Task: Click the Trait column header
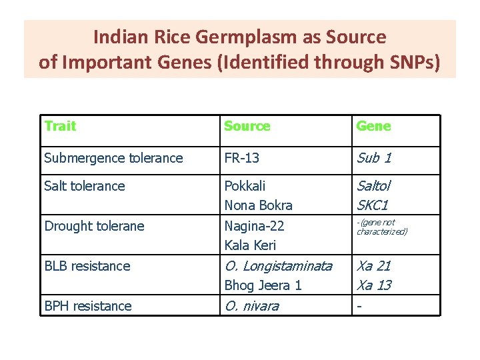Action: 60,126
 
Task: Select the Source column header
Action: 247,126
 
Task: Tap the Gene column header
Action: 373,126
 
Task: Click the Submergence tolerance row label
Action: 113,158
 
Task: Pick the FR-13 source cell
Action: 242,158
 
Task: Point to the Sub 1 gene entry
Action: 374,158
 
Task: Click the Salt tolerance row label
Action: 85,186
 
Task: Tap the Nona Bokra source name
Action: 258,205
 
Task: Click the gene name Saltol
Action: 374,186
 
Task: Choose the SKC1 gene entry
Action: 373,205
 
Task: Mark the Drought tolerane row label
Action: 94,226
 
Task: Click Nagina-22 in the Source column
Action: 254,226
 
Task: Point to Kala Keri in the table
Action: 250,245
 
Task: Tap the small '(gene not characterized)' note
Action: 381,227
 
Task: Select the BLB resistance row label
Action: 87,266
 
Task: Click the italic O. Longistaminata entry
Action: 278,266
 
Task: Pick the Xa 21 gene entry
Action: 374,266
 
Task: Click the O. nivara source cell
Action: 251,306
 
